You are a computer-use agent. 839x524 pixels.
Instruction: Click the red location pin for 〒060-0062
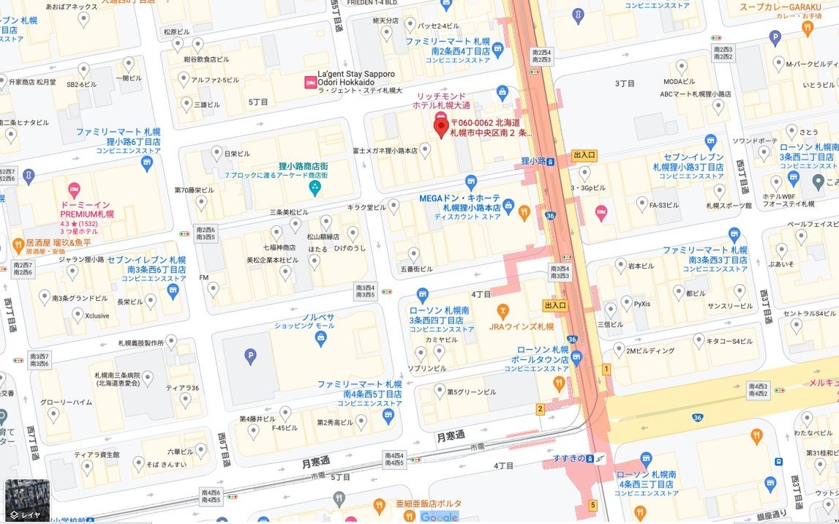point(441,126)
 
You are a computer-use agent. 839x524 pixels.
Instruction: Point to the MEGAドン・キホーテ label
point(459,198)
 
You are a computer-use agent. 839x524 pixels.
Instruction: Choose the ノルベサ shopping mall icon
point(320,337)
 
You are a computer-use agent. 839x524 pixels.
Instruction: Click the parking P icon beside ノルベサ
point(250,356)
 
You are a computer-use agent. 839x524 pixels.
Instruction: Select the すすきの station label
point(568,459)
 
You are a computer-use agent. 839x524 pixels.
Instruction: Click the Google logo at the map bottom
point(439,517)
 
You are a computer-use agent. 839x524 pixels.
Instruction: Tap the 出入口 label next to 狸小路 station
point(584,155)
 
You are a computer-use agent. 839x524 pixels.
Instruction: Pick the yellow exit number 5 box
point(592,505)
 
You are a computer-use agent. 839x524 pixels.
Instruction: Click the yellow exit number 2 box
point(540,409)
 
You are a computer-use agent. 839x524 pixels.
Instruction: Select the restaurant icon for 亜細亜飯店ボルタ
point(379,504)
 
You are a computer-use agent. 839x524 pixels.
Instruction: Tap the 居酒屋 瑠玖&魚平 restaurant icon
point(18,244)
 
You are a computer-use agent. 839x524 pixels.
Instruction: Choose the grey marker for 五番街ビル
point(414,254)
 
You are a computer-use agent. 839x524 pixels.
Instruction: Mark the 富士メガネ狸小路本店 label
point(384,151)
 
